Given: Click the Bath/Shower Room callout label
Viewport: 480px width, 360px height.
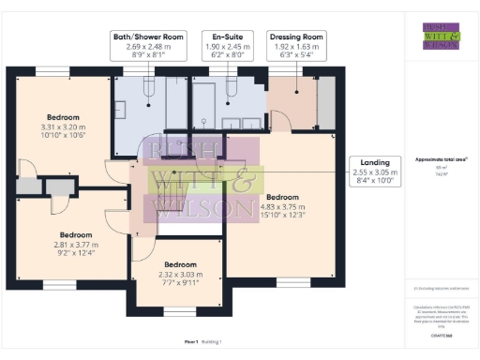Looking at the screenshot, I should tap(147, 46).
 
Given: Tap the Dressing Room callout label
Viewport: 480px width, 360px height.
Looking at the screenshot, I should tap(295, 46).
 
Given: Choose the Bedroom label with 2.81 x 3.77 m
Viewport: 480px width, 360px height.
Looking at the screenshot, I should tap(74, 242).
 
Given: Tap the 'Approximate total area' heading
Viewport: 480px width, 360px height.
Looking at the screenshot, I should tap(441, 158).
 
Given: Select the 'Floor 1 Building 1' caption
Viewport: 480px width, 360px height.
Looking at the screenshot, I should tap(205, 340).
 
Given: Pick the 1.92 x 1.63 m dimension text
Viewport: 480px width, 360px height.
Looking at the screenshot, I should tap(295, 46).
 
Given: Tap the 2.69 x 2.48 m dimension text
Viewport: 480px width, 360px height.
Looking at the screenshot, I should tap(147, 46).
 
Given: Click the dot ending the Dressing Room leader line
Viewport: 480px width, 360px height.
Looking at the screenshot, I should tap(297, 92).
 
